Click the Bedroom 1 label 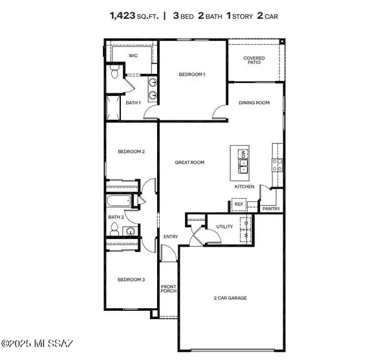click(x=192, y=75)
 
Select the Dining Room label click(x=254, y=102)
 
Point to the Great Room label click(x=189, y=163)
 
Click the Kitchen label click(x=244, y=186)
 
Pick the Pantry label click(x=271, y=209)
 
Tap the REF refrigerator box click(x=238, y=205)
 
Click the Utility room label click(x=224, y=227)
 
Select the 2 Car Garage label click(x=230, y=298)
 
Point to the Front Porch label click(x=168, y=289)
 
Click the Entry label click(x=171, y=237)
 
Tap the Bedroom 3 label click(x=131, y=280)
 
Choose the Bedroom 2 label click(x=131, y=152)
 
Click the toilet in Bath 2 click(x=114, y=230)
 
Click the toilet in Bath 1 click(x=114, y=74)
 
